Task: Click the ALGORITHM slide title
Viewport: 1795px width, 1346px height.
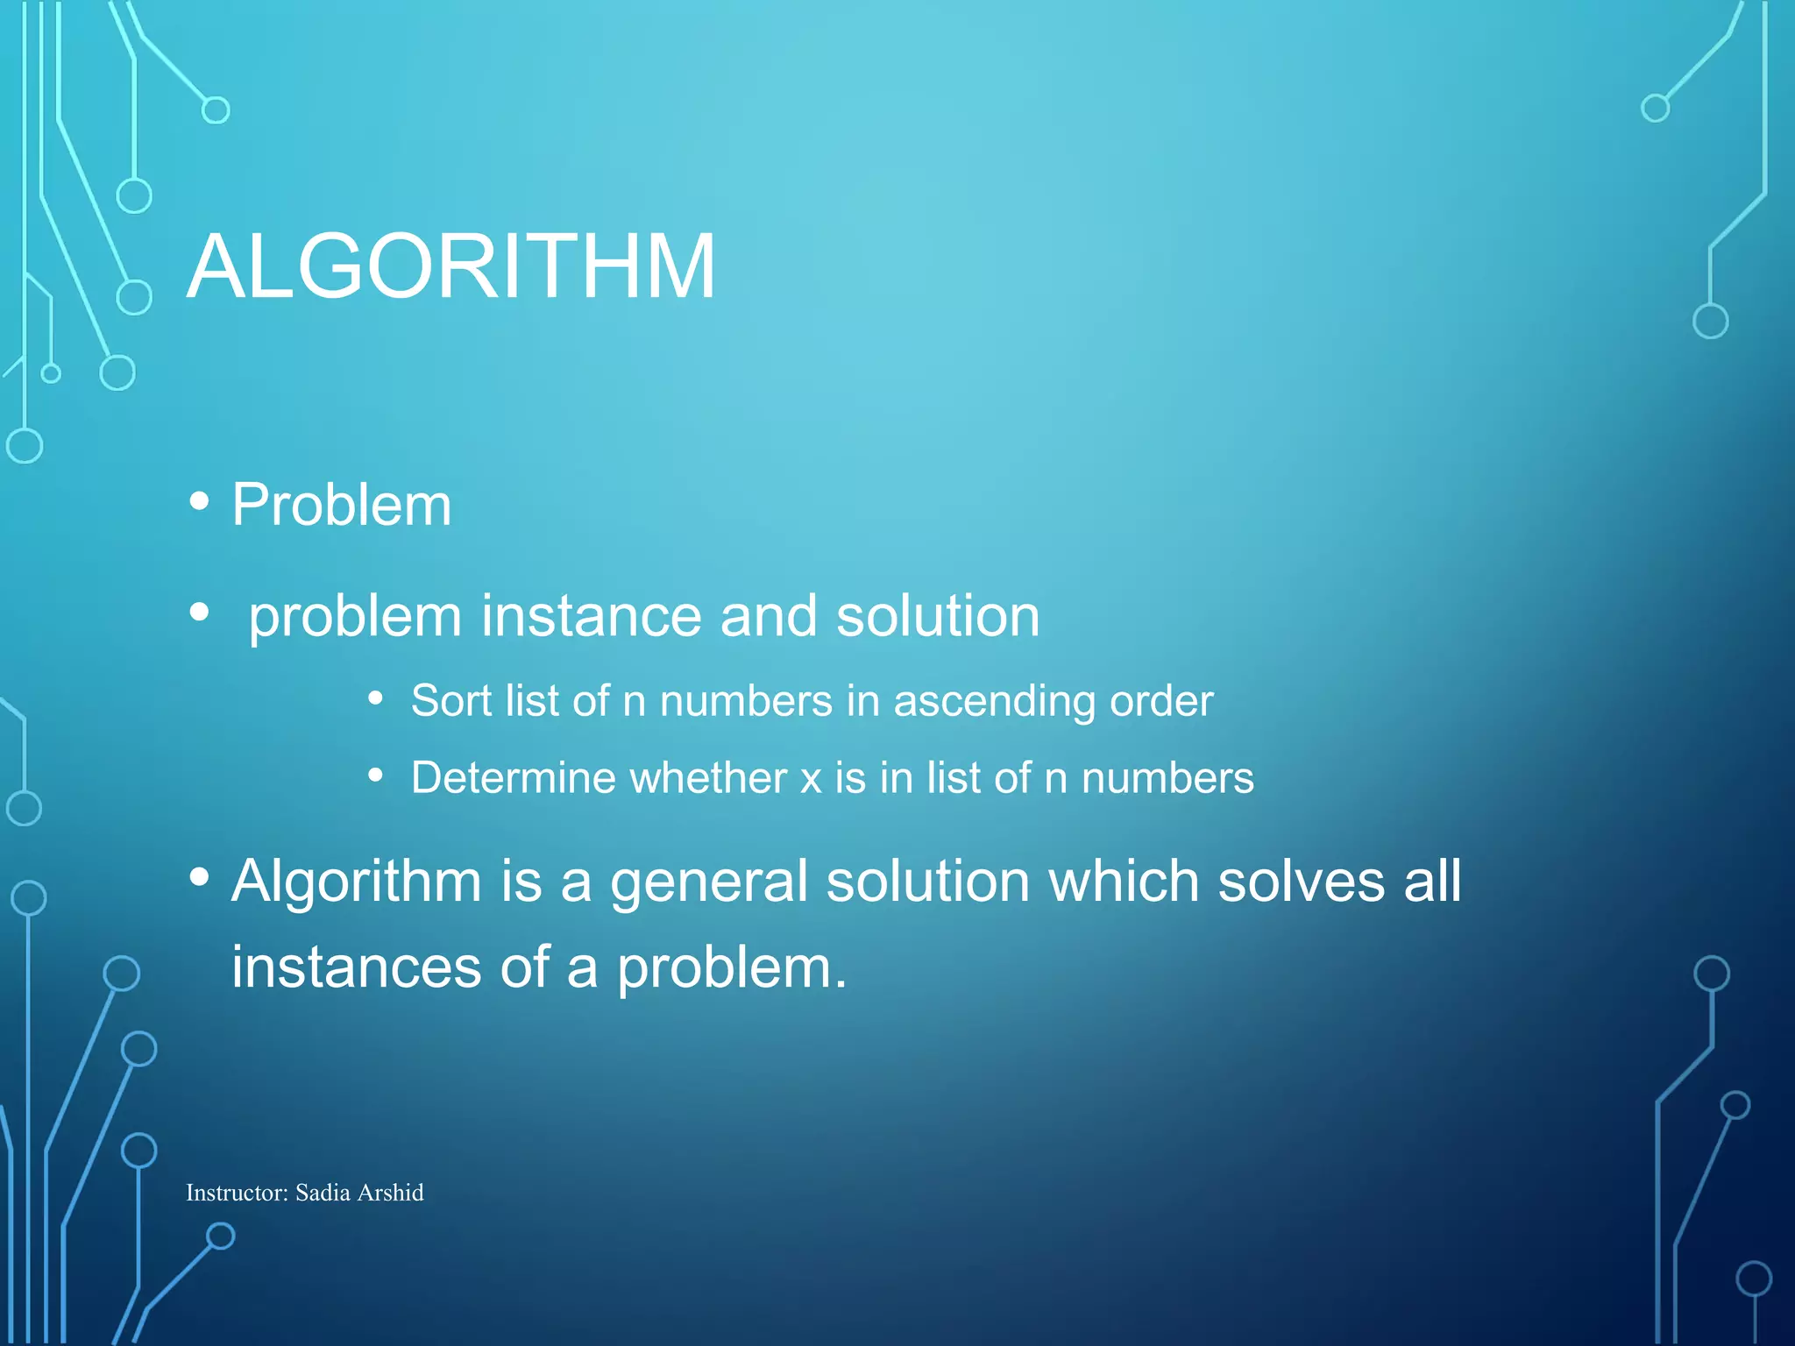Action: [x=451, y=266]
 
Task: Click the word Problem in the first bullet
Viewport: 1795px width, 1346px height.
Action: [x=342, y=506]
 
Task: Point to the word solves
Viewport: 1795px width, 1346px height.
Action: [x=1302, y=881]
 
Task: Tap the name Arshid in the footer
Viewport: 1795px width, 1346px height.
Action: [x=391, y=1193]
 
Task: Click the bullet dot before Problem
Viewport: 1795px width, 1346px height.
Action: [x=200, y=501]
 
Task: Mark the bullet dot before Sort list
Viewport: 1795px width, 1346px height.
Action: [x=376, y=698]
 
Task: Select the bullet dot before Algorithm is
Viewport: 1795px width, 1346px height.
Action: [x=200, y=876]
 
